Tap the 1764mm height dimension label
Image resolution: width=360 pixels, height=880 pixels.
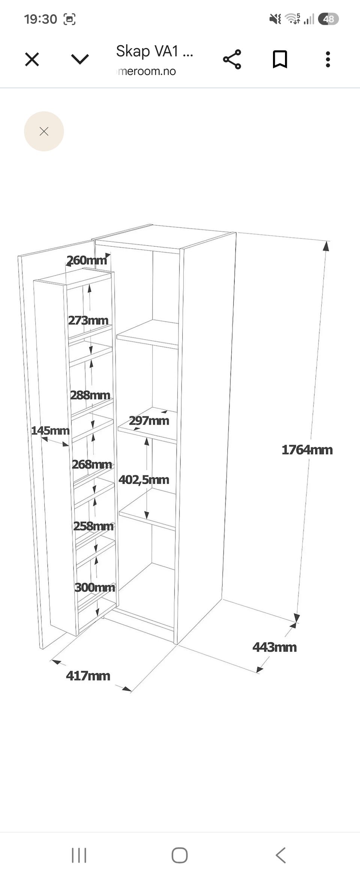coord(307,450)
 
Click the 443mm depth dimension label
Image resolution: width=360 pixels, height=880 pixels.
coord(274,647)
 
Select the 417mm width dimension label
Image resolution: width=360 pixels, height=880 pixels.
coord(88,675)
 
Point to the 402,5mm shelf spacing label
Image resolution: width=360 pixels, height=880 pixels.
coord(144,480)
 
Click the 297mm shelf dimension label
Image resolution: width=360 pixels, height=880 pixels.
coord(149,420)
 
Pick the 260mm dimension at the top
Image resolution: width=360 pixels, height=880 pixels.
coord(87,260)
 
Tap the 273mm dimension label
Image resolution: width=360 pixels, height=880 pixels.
coord(88,320)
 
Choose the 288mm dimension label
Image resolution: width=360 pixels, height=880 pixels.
coord(90,395)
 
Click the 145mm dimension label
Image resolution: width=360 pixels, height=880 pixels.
coord(50,430)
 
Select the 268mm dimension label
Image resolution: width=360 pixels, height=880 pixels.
coord(92,464)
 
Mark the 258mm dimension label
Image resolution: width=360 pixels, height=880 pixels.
coord(93,526)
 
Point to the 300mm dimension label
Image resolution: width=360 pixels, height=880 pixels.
coord(95,587)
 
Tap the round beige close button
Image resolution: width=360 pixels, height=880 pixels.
coord(44,131)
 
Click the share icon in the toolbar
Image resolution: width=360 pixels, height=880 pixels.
coord(232,59)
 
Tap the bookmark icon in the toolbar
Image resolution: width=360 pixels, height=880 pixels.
coord(280,59)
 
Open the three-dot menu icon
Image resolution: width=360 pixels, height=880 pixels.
coord(328,59)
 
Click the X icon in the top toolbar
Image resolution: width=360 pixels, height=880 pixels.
coord(32,59)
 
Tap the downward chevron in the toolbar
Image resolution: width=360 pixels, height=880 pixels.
coord(80,59)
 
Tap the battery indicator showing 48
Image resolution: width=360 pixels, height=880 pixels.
coord(328,19)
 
